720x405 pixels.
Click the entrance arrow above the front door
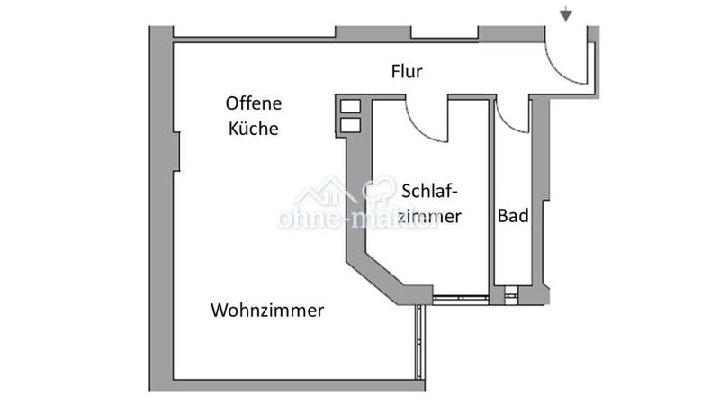(566, 13)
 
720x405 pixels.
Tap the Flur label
(407, 72)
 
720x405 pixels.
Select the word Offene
(254, 103)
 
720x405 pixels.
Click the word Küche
(254, 128)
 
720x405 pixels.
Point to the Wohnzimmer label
(267, 310)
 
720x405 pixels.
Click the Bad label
(513, 215)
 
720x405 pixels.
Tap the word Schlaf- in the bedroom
(429, 191)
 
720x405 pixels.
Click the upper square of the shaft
(350, 106)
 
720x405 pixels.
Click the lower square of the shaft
(350, 125)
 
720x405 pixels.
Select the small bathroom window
(510, 295)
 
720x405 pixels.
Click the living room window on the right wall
(419, 342)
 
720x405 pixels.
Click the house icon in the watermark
(325, 192)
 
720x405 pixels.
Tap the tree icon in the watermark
(379, 191)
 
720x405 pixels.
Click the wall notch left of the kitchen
(176, 151)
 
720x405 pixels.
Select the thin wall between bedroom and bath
(491, 197)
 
